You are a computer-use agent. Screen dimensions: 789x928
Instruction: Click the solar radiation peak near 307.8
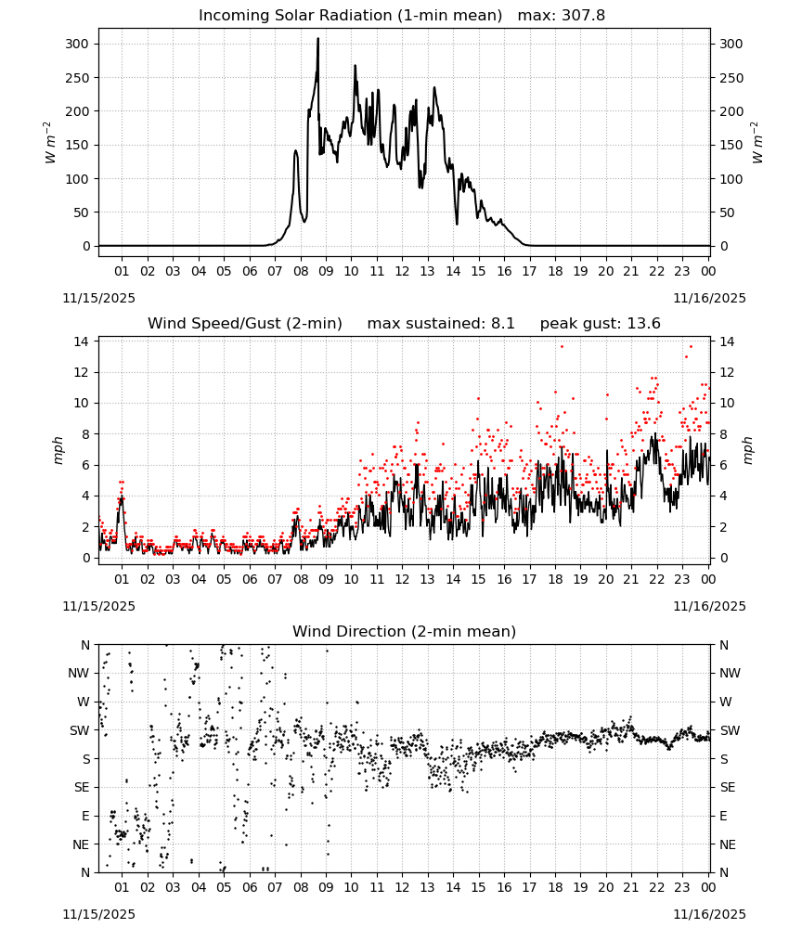point(317,39)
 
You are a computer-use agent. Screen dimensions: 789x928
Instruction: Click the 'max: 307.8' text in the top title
point(562,15)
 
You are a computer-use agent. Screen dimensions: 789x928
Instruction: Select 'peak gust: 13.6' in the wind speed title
point(601,323)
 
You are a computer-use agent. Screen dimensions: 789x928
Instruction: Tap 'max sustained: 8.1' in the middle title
point(441,323)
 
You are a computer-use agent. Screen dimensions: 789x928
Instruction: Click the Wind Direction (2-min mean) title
point(405,631)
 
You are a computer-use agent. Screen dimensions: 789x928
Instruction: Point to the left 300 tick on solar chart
point(77,44)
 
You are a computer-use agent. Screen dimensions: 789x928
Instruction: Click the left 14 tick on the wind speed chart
point(82,342)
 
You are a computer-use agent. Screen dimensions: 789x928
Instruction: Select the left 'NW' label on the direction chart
point(79,674)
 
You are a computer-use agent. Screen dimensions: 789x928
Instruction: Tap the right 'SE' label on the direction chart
point(728,787)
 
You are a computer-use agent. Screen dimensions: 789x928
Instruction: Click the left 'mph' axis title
point(58,450)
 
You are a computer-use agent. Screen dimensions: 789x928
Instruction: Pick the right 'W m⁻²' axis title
point(757,142)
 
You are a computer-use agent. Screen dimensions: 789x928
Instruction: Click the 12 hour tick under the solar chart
point(402,271)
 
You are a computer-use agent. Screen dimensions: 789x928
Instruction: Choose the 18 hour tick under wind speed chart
point(554,579)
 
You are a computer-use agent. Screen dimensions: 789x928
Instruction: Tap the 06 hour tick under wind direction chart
point(249,887)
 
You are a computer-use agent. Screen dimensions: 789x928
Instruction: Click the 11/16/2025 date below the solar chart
point(710,298)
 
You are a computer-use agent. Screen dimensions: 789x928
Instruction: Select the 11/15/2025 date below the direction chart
point(98,914)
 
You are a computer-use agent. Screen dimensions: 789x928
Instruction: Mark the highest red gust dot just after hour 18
point(562,347)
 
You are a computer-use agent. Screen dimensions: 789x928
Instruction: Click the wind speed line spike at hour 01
point(122,497)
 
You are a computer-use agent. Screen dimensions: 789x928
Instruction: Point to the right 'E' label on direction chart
point(723,816)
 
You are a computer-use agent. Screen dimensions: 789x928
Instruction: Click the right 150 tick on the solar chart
point(731,145)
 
